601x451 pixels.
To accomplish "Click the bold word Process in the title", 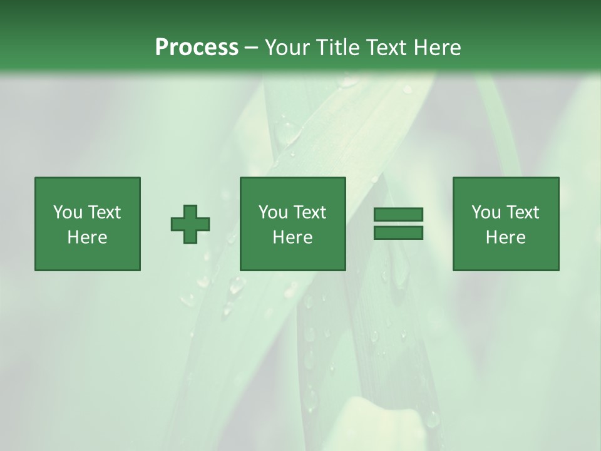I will [197, 48].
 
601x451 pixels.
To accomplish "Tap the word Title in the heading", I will [339, 48].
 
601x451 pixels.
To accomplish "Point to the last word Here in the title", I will [437, 48].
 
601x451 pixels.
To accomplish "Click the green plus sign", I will [190, 224].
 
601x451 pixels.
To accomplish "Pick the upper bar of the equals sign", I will [398, 215].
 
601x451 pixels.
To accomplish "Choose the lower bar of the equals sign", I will [398, 233].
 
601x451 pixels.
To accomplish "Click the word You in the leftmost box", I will [68, 212].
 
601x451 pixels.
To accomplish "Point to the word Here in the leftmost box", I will [88, 237].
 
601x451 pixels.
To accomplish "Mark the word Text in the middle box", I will [310, 212].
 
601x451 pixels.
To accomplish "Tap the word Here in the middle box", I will [293, 237].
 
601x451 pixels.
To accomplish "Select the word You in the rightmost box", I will [486, 212].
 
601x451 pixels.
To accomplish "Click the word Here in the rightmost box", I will [506, 237].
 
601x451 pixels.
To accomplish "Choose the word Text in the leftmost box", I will [105, 212].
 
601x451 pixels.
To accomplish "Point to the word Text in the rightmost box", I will [523, 212].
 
